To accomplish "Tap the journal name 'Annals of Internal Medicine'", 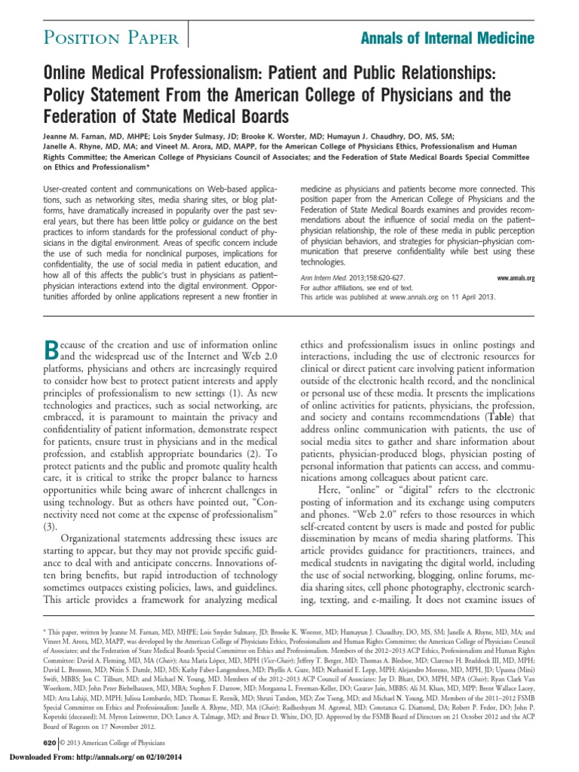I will tap(457, 37).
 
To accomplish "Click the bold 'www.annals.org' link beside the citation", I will tap(516, 278).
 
